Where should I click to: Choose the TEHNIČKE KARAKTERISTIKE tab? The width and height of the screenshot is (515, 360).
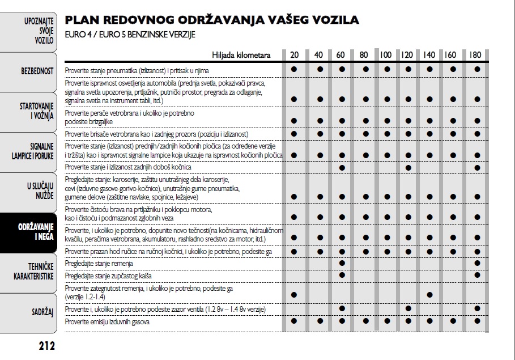(33, 271)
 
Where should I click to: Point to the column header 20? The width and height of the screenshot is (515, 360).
(295, 55)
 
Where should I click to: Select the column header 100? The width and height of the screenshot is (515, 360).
(386, 55)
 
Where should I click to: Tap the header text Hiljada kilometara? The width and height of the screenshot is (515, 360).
(241, 55)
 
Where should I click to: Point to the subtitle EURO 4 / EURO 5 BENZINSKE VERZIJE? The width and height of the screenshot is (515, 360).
(130, 35)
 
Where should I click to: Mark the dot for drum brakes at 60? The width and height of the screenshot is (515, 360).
(342, 168)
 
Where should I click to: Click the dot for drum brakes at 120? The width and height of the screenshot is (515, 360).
(408, 168)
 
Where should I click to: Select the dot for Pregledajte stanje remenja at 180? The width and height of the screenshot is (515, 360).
(477, 263)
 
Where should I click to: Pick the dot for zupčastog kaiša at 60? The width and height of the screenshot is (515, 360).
(342, 275)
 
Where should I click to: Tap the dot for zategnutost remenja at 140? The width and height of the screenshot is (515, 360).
(429, 295)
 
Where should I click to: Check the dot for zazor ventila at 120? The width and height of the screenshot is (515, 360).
(408, 308)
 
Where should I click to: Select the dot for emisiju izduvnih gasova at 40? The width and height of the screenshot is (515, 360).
(320, 321)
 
